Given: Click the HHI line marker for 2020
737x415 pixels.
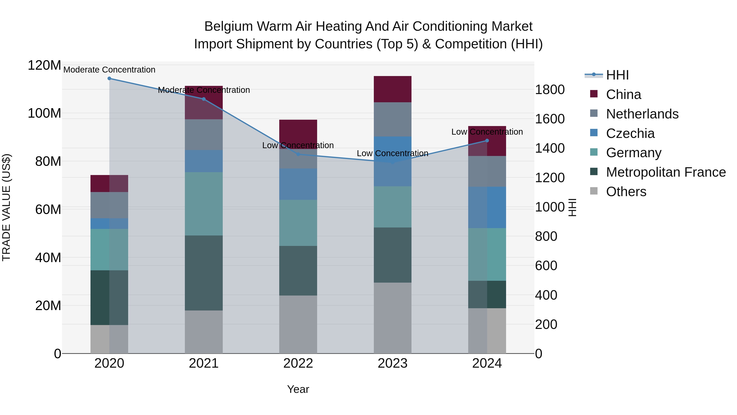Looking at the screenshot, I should click(x=109, y=78).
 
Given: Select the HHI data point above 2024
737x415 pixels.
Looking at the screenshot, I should click(x=487, y=141).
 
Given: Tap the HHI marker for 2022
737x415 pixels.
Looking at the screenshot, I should click(x=298, y=154).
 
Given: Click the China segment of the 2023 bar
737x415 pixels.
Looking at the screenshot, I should click(x=392, y=89).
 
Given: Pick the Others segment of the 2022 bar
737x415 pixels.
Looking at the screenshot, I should click(x=298, y=324).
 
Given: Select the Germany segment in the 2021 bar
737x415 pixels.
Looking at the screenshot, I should click(x=204, y=204).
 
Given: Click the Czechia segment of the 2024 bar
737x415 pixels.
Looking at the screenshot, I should click(x=487, y=207).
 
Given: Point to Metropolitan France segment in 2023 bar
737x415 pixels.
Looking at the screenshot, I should click(x=392, y=255).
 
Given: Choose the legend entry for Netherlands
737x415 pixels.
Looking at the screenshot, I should click(x=642, y=114).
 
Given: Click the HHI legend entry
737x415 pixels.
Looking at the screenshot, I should click(x=617, y=75).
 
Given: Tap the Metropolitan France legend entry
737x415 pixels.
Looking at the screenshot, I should click(x=666, y=172).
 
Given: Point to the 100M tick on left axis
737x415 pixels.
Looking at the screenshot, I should click(x=44, y=113).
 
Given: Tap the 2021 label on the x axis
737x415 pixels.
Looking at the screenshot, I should click(x=204, y=363).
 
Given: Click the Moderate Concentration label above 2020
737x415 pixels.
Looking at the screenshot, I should click(x=109, y=70).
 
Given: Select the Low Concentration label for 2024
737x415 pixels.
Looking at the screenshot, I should click(x=487, y=132).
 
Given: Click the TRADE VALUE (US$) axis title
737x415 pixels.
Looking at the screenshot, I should click(x=6, y=207).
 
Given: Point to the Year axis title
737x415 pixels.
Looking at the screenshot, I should click(x=298, y=389).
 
